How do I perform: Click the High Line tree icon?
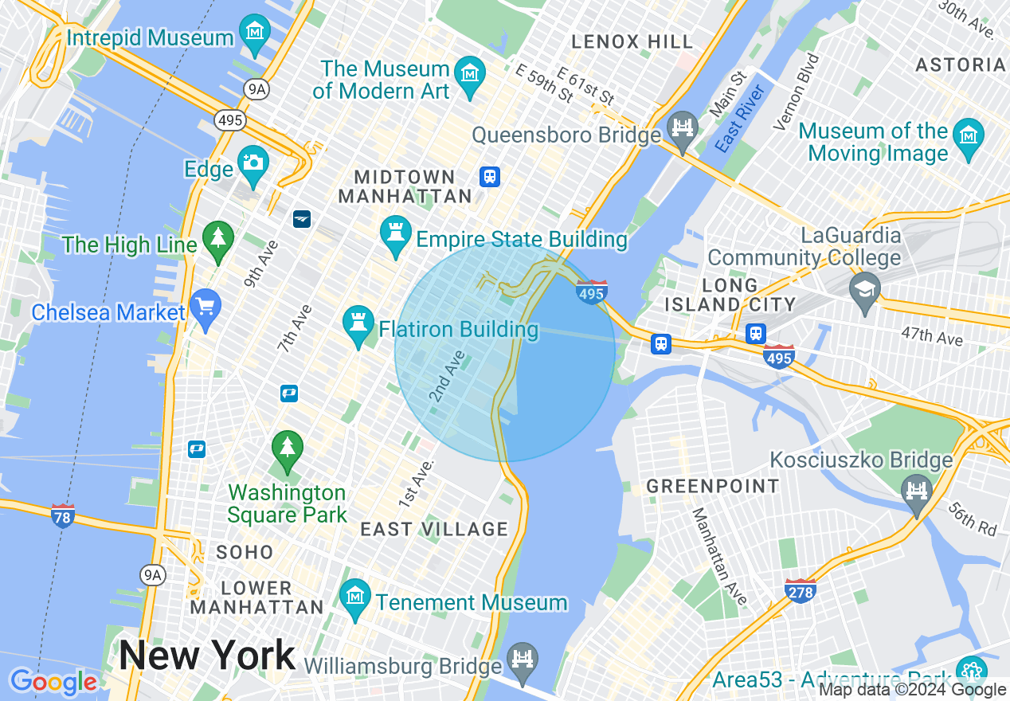tap(217, 239)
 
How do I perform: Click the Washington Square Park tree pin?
tap(287, 449)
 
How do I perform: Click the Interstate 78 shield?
tap(62, 515)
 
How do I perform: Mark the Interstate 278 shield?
tap(800, 591)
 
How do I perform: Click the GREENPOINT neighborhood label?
tap(713, 486)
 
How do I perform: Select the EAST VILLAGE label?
tap(434, 529)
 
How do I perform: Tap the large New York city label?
tap(207, 656)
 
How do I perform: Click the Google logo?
tap(53, 683)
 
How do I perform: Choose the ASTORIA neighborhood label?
tap(961, 65)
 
